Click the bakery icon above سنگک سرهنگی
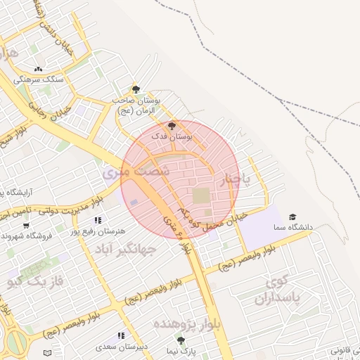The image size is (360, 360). (x=38, y=69)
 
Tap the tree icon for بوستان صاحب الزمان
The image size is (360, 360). (x=136, y=89)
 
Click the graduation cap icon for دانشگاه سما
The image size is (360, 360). (x=292, y=217)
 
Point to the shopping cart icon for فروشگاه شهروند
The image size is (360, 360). (x=26, y=226)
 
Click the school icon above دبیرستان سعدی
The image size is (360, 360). (x=121, y=336)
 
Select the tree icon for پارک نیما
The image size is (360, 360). (x=182, y=340)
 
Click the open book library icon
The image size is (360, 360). (x=47, y=352)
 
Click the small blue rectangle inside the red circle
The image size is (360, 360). (x=134, y=202)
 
